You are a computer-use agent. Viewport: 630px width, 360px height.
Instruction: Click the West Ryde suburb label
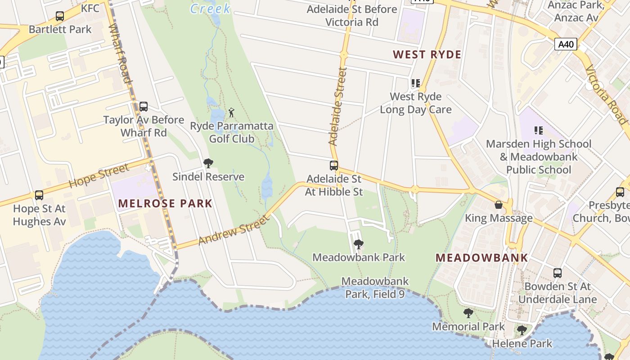tap(427, 55)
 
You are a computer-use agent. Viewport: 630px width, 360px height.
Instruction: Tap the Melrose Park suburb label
tap(165, 203)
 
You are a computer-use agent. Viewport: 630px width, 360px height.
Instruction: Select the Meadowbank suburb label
tap(481, 258)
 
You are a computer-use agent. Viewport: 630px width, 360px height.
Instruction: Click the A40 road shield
tap(566, 44)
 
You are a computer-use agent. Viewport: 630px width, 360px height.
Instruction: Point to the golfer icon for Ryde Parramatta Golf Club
tap(231, 112)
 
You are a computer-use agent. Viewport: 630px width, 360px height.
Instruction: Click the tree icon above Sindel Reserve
tap(208, 163)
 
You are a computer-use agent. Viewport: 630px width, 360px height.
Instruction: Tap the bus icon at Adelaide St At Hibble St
tap(333, 166)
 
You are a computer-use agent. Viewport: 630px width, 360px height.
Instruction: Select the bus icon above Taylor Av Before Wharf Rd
tap(143, 107)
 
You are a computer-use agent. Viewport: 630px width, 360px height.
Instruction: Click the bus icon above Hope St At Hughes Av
tap(39, 195)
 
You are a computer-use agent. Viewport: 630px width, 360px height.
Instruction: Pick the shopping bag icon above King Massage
tap(499, 205)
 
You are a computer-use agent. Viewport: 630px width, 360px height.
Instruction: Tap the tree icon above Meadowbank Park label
tap(359, 244)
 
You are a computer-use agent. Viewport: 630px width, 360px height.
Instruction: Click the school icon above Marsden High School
tap(538, 130)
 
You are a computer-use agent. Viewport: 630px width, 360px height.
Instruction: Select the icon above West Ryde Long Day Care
tap(415, 83)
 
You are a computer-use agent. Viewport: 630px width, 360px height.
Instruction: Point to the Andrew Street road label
tap(233, 229)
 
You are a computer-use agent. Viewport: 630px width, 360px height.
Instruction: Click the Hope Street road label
tap(99, 175)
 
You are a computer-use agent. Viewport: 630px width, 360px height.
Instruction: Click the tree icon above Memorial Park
tap(468, 313)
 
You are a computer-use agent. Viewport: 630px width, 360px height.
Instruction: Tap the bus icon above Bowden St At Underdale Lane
tap(557, 273)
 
